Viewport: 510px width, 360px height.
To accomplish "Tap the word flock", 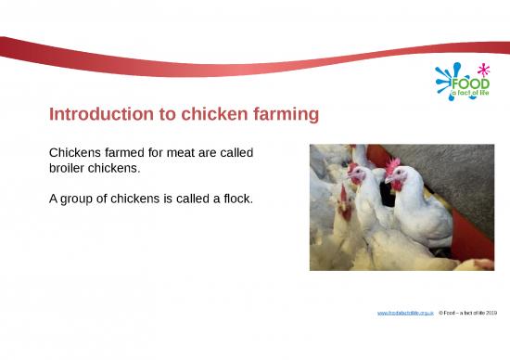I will click(x=235, y=198).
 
